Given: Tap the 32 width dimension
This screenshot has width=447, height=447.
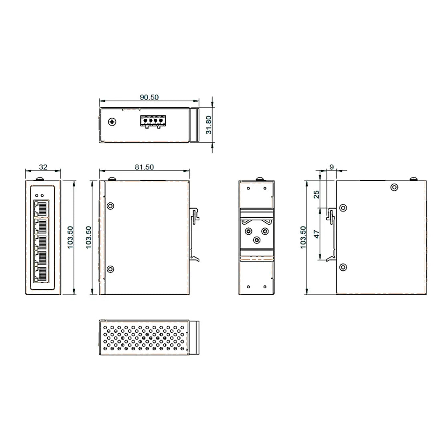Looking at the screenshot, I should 43,167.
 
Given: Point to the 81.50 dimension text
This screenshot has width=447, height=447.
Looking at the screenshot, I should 144,167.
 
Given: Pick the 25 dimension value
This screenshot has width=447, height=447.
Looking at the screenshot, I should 316,194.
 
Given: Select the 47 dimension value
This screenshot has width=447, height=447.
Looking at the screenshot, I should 316,234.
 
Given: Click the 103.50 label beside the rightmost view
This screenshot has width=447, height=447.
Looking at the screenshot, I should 303,238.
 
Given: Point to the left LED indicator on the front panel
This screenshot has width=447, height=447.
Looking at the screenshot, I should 37,195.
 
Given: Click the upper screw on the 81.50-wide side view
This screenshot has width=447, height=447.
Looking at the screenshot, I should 111,206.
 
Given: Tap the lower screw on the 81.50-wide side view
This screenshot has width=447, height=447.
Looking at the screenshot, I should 111,269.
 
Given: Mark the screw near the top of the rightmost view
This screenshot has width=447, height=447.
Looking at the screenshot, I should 395,187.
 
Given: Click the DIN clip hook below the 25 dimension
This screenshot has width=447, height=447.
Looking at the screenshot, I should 331,215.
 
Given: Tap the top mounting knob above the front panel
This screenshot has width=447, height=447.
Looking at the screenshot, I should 40,179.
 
